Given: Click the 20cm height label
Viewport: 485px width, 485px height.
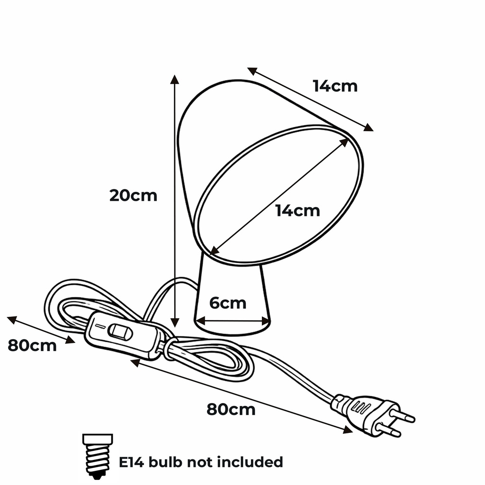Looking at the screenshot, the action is point(133,196).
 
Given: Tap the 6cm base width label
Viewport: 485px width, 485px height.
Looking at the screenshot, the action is point(228,303).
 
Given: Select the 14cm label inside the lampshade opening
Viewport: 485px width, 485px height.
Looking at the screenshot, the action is point(297,211).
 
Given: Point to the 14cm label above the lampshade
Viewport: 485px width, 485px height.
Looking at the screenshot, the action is point(335,86).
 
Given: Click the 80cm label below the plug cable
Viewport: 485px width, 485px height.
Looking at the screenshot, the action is point(231,410).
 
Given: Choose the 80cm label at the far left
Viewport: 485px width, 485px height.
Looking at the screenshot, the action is point(32,345).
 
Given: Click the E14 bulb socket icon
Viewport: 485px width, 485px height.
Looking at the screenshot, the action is point(98,456).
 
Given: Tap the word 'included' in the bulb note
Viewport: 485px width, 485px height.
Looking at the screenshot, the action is point(250,462).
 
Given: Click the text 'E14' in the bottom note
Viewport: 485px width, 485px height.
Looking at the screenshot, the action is point(132,462).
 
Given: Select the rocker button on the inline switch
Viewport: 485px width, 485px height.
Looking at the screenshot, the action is point(120,332).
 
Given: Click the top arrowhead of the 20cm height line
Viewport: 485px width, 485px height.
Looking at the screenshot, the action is point(175,79).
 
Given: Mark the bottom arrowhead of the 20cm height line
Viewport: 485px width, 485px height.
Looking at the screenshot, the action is point(175,323).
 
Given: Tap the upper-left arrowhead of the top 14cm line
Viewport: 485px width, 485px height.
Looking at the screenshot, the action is point(252,71).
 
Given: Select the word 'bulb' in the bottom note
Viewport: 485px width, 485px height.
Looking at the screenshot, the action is point(165,462).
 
